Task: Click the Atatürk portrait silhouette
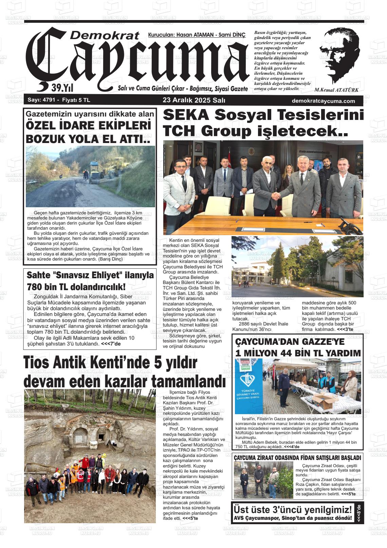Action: coord(339,56)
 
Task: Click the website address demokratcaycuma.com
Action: coord(323,101)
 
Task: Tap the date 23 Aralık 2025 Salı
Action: coord(194,101)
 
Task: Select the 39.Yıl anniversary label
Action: coord(62,88)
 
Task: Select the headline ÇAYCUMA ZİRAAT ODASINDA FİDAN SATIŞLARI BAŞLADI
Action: coord(297,458)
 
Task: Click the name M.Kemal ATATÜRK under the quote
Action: coord(336,90)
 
